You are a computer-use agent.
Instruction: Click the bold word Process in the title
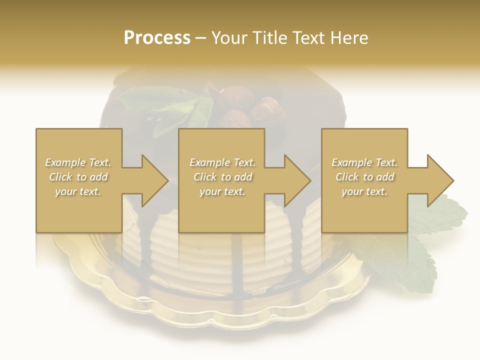(x=157, y=38)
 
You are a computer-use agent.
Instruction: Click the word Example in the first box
(x=65, y=162)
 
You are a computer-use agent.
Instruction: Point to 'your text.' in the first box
(x=78, y=191)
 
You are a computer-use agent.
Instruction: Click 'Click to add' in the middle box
(x=222, y=177)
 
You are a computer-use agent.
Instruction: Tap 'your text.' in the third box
(x=364, y=191)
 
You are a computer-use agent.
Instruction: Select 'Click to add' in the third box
(x=364, y=177)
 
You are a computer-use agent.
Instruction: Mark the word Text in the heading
(x=309, y=38)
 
